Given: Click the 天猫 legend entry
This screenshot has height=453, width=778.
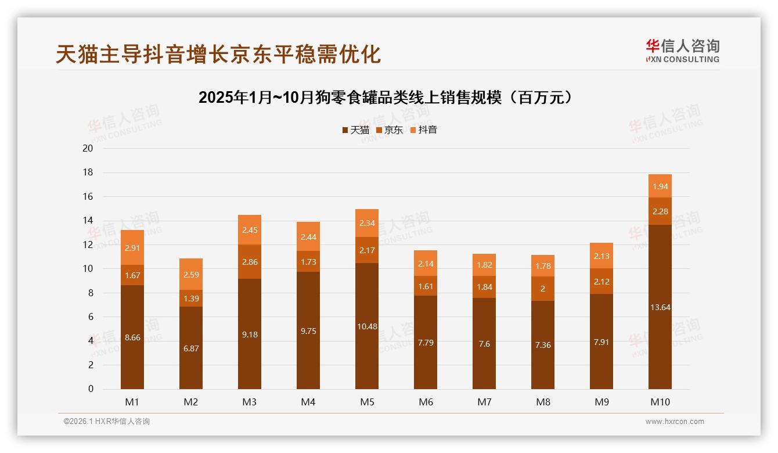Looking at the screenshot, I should [355, 130].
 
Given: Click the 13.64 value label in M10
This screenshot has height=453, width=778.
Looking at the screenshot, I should [660, 307].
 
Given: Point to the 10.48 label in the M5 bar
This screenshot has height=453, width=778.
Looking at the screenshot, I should [367, 326].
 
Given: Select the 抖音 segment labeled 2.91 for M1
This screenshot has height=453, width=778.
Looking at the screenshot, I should [132, 247].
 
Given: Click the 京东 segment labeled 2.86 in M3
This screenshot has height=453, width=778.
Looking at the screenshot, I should [250, 262].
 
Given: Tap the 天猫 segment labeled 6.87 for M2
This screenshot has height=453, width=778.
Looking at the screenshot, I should [191, 348].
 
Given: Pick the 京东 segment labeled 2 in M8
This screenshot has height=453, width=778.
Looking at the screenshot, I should [543, 289].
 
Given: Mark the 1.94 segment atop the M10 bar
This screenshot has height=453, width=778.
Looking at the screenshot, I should [660, 186].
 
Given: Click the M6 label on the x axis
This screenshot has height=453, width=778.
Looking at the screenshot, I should [426, 402].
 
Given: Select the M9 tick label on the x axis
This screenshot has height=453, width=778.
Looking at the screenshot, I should [601, 402].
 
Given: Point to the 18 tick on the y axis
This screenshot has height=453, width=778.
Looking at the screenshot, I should [88, 172].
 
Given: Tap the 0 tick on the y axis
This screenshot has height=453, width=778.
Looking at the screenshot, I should [91, 389].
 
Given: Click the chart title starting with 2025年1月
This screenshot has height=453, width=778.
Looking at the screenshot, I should [388, 98].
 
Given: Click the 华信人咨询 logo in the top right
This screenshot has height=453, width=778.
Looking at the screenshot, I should [682, 51].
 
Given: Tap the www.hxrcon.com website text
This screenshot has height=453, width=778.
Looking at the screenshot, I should [675, 422].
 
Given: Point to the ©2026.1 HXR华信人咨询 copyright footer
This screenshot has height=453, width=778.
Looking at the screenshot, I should [107, 422].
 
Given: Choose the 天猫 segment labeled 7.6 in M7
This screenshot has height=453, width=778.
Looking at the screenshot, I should [484, 344].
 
